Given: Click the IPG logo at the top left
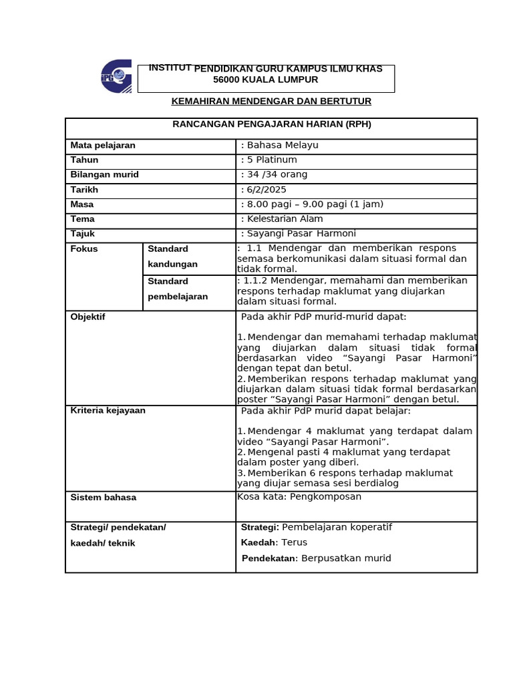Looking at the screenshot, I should pos(116,77).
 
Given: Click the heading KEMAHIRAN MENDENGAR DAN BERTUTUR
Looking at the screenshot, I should pos(271,101).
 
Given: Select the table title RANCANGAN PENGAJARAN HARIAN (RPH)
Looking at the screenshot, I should pos(271,124).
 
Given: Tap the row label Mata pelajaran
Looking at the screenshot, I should pos(103,145).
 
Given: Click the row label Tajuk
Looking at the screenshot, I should pos(83,234).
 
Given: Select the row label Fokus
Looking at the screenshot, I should pos(84,248).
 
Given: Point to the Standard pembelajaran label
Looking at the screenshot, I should pos(178,289).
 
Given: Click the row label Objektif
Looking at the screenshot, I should pos(88,317).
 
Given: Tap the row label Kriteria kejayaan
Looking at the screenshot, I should pos(108,410).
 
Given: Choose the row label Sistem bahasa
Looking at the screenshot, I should pos(104,497).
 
